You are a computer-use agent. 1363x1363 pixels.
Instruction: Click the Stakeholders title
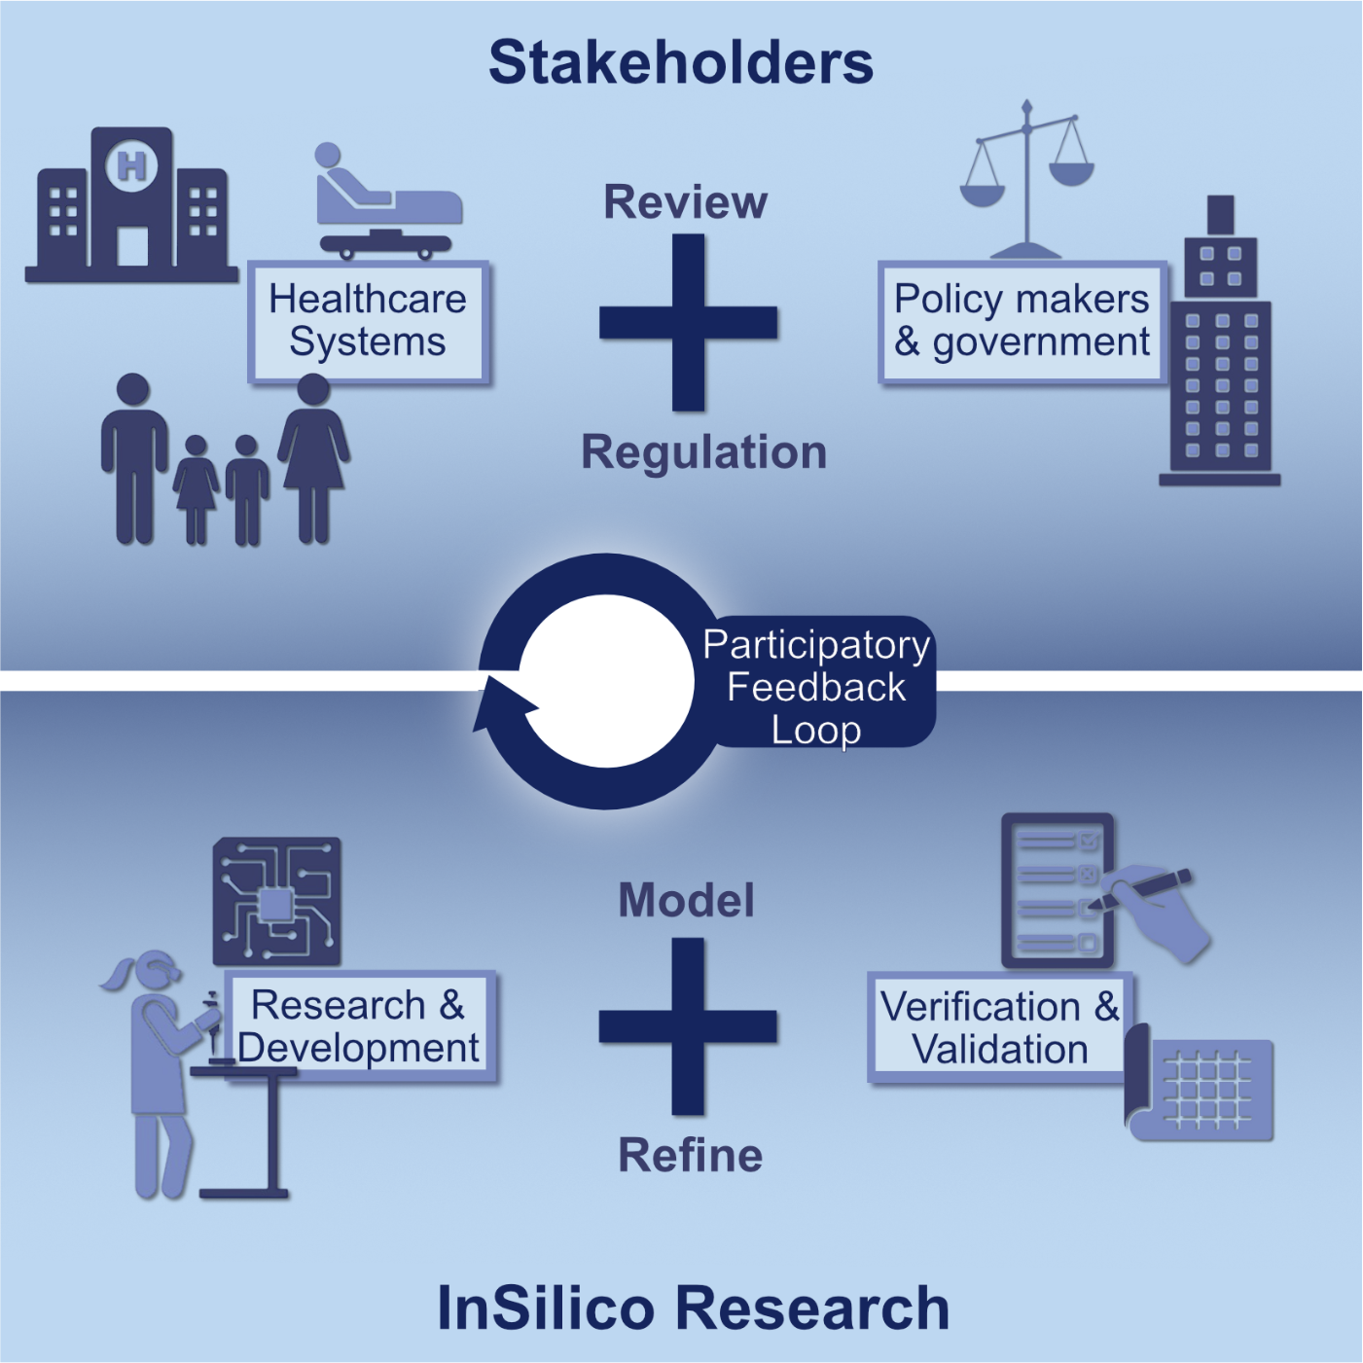(x=681, y=63)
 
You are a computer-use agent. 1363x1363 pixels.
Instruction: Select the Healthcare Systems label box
(x=368, y=321)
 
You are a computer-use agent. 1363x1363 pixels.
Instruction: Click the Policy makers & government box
(x=1022, y=321)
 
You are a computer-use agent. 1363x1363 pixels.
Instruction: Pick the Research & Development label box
(x=360, y=1026)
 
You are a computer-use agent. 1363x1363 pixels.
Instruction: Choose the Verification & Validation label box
(x=999, y=1028)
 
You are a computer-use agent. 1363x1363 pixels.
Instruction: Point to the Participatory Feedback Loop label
(x=817, y=686)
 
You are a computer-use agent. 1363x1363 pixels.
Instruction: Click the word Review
(x=685, y=202)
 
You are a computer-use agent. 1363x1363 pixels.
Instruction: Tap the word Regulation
(x=703, y=452)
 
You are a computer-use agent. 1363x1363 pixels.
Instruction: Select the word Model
(x=686, y=900)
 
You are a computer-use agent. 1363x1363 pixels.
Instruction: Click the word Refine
(x=691, y=1156)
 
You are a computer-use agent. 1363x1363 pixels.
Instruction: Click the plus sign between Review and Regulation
(x=688, y=323)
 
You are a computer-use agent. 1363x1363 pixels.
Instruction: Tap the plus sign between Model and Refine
(x=688, y=1026)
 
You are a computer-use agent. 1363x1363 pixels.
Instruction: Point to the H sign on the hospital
(x=131, y=165)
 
